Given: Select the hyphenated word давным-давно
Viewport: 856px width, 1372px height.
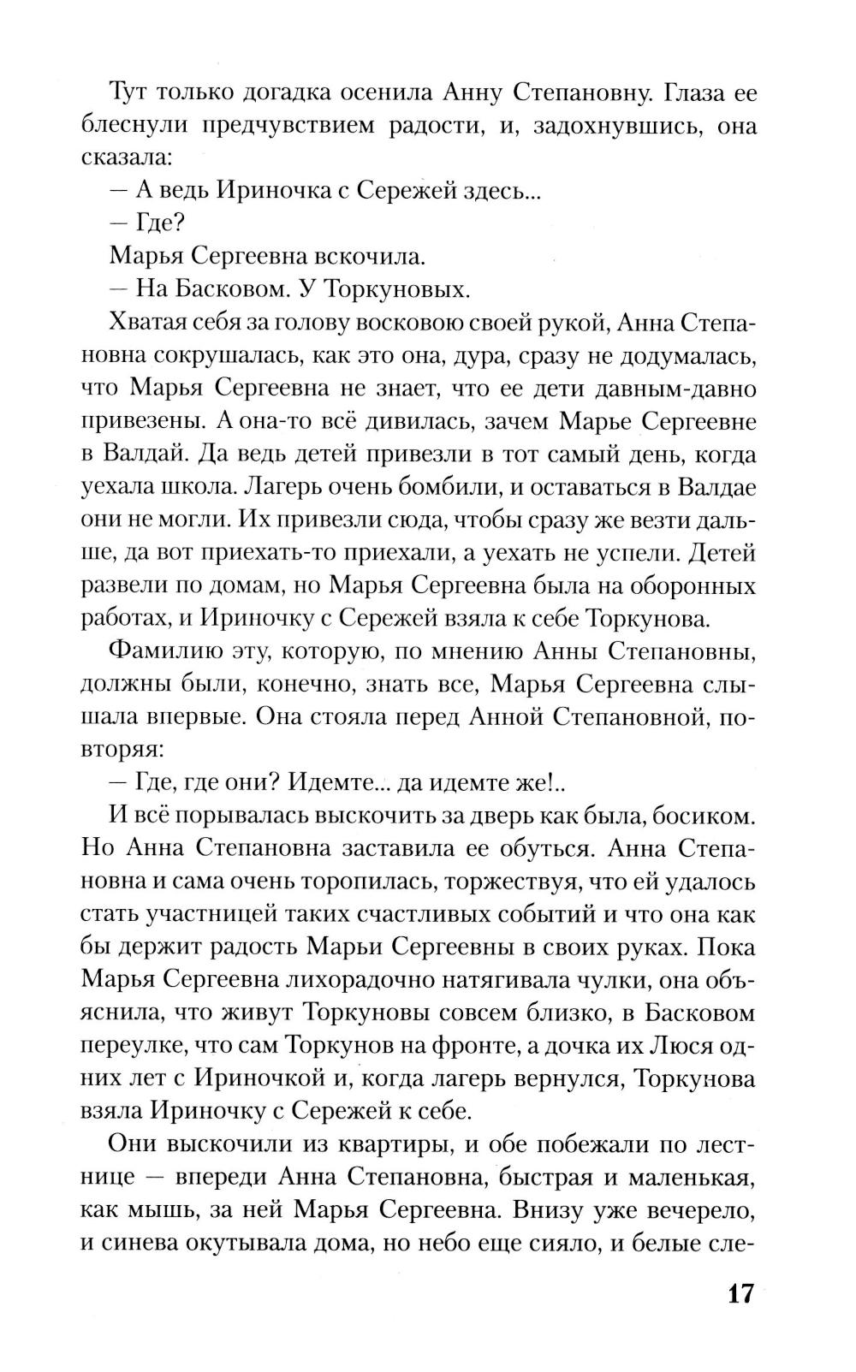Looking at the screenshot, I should pos(669,388).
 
